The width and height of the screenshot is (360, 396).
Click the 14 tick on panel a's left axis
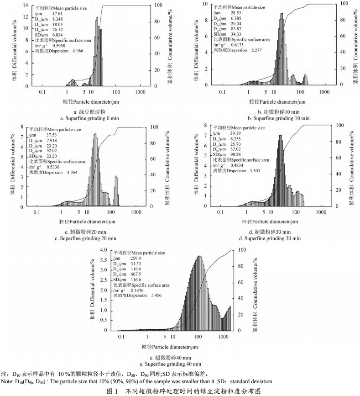coord(25,5)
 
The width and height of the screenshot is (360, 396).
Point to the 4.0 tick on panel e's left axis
coord(103,250)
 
